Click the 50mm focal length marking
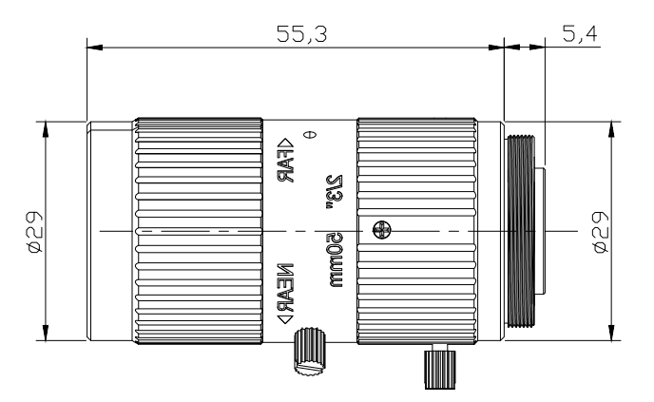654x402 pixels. tap(334, 265)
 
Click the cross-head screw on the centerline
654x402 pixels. tap(382, 230)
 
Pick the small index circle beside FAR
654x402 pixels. tap(307, 133)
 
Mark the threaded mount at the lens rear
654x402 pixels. tap(522, 231)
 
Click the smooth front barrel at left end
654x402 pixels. tap(109, 231)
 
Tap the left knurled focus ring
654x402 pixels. tap(198, 231)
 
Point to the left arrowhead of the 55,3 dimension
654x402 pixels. tap(91, 45)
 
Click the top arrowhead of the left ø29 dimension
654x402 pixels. tap(45, 126)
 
